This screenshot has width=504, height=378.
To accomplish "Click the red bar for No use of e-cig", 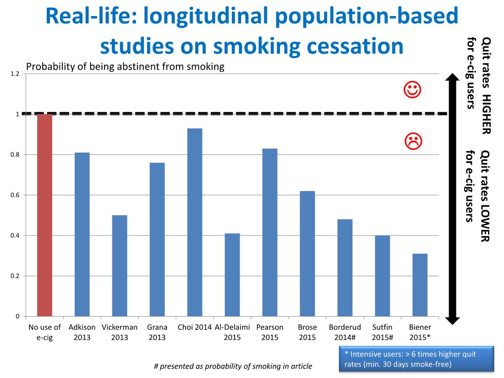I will pos(44,215).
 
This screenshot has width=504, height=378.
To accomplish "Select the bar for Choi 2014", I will pos(195,222).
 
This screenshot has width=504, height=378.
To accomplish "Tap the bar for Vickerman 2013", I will pos(120,266).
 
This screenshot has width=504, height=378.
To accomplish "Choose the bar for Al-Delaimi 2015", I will pos(232,275).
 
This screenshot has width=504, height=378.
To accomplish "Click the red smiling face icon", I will pos(412,89).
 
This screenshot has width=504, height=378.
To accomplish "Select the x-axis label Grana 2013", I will pos(157,332).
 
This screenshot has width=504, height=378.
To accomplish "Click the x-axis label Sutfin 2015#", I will pos(382,332).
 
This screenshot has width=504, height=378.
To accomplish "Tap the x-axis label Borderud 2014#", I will pos(345,332).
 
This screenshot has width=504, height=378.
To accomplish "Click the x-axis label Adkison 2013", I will pos(82,332).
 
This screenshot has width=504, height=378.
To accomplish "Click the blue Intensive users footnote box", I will pos(417,359).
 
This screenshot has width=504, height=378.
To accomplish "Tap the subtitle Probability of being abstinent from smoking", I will pos(125,66).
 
